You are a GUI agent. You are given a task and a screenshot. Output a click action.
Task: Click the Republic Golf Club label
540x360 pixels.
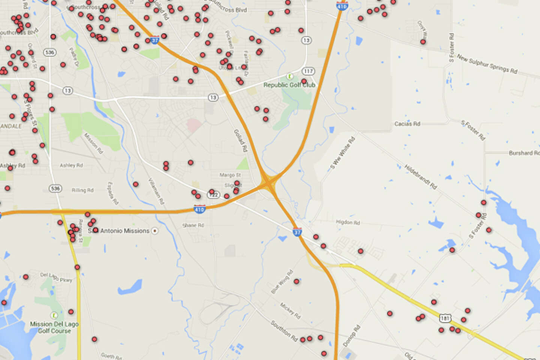pyautogui.click(x=289, y=85)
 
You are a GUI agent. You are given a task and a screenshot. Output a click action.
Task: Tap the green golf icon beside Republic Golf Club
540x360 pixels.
pyautogui.click(x=289, y=76)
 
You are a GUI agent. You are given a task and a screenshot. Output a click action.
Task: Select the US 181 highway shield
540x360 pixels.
pyautogui.click(x=445, y=318)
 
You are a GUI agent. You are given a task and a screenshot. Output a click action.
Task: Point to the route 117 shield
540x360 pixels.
pyautogui.click(x=308, y=71)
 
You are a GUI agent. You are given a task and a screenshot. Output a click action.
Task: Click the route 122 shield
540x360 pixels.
pyautogui.click(x=213, y=195)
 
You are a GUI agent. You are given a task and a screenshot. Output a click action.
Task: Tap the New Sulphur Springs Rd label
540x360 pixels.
pyautogui.click(x=487, y=64)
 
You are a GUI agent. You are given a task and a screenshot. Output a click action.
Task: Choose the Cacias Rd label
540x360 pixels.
pyautogui.click(x=407, y=124)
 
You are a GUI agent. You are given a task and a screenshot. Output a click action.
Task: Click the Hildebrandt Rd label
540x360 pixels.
pyautogui.click(x=420, y=176)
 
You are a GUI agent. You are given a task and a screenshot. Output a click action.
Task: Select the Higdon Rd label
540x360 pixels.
pyautogui.click(x=348, y=222)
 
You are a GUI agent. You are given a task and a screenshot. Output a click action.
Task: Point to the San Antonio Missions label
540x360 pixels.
pyautogui.click(x=119, y=231)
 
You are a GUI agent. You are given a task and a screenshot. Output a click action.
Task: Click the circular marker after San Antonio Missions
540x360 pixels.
pyautogui.click(x=154, y=231)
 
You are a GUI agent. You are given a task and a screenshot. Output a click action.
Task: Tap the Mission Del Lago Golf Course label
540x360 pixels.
pyautogui.click(x=54, y=327)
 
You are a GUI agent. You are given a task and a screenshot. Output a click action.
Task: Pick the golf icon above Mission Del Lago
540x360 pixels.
pyautogui.click(x=54, y=315)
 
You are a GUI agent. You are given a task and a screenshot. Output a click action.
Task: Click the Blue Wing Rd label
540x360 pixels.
pyautogui.click(x=282, y=282)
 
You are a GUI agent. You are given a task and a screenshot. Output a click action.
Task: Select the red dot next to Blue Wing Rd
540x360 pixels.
pyautogui.click(x=296, y=281)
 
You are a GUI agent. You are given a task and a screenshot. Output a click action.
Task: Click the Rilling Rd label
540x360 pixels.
pyautogui.click(x=82, y=190)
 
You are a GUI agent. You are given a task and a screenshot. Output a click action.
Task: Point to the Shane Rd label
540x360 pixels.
pyautogui.click(x=193, y=225)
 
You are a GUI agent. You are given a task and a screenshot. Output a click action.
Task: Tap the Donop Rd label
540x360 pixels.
pyautogui.click(x=351, y=336)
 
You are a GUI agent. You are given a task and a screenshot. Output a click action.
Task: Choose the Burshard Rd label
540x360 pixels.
pyautogui.click(x=524, y=153)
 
